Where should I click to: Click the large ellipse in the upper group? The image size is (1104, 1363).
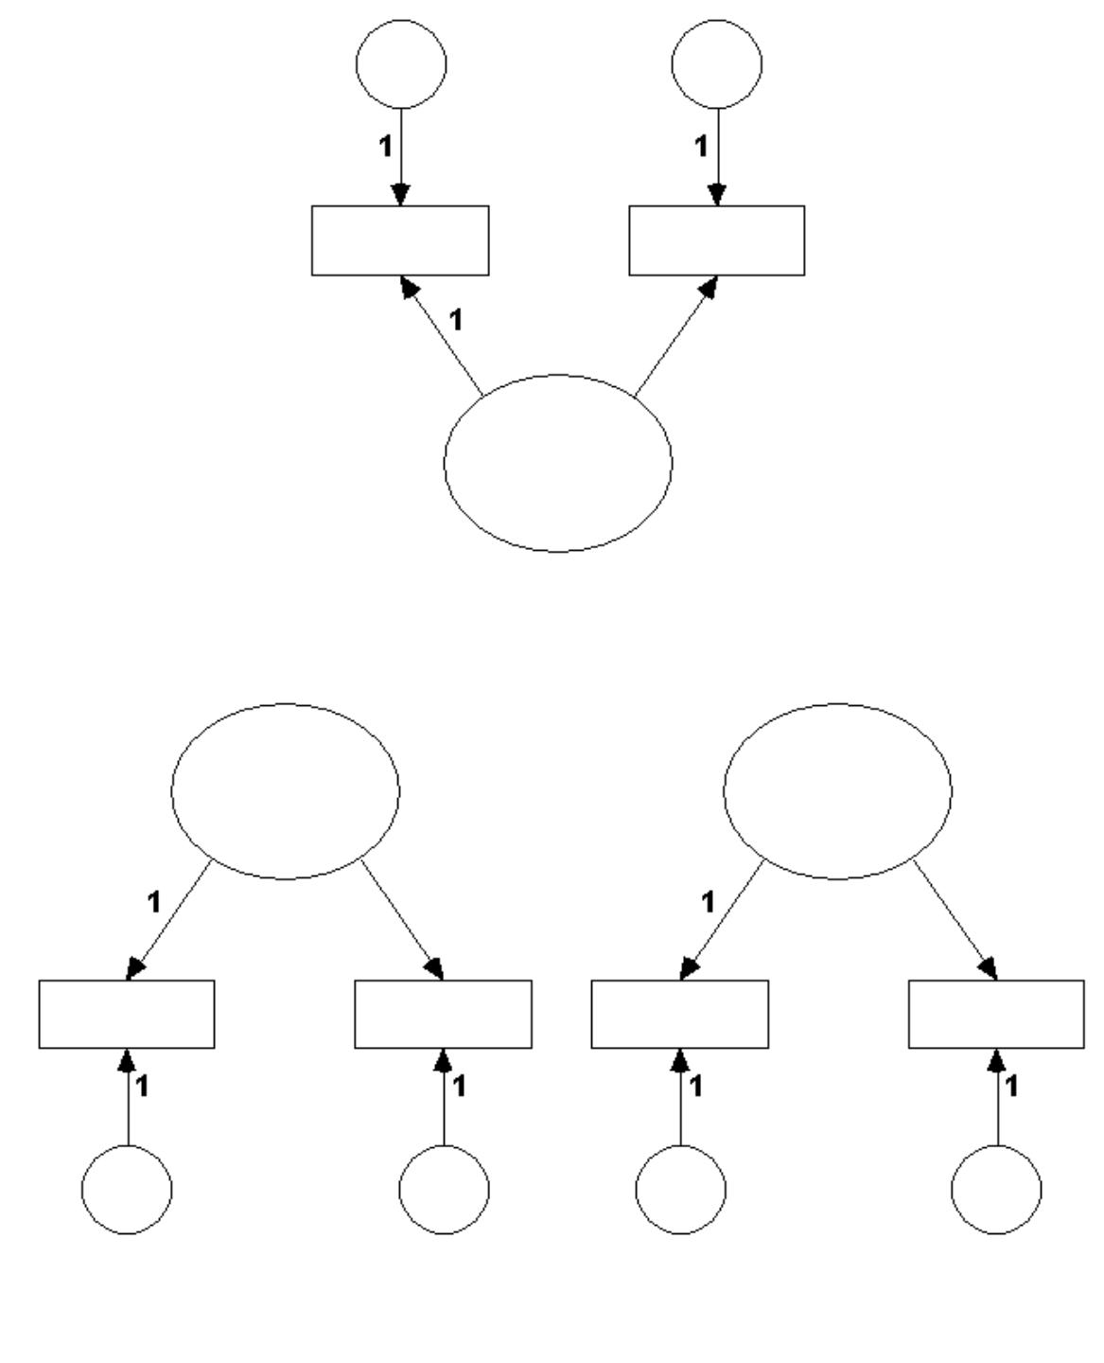558,463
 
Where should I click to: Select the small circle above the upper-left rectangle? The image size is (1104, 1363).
401,63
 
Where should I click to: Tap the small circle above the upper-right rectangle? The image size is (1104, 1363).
716,63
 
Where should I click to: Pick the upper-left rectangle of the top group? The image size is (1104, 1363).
400,240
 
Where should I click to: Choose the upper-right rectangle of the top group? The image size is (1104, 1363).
717,240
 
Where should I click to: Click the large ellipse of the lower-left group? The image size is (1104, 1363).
285,791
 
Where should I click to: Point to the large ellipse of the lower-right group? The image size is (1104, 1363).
838,791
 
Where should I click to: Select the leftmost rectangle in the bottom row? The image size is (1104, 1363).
127,1014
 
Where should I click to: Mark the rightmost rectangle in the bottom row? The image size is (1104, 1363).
996,1014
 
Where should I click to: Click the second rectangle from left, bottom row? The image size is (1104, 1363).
443,1014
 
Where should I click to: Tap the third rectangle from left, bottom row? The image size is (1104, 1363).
679,1014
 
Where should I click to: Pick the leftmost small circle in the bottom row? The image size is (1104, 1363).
127,1189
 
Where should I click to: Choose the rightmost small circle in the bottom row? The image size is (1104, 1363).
996,1189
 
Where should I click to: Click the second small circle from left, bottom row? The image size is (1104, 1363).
444,1189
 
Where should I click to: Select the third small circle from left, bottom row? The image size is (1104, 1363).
680,1189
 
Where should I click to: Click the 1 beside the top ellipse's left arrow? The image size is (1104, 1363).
456,320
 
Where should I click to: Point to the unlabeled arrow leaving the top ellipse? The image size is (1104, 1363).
675,337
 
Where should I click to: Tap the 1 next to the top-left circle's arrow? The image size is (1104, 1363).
384,147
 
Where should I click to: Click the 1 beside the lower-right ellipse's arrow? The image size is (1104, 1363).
707,902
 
